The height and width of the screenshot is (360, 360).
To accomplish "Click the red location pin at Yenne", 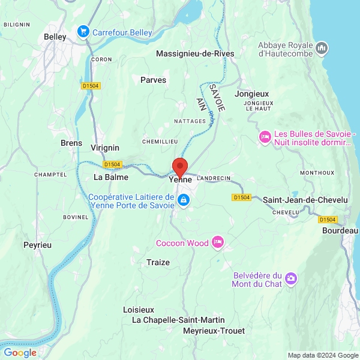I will (x=180, y=167).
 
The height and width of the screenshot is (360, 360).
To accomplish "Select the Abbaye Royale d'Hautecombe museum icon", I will (x=322, y=47).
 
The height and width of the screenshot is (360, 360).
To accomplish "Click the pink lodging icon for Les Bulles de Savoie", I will (x=264, y=137).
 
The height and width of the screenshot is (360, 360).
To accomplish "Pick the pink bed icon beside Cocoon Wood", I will (x=218, y=242).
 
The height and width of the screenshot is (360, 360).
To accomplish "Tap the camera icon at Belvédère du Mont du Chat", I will (x=291, y=278).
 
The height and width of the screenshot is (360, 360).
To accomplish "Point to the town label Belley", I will (x=55, y=37).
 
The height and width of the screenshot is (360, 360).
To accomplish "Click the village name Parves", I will (x=153, y=79).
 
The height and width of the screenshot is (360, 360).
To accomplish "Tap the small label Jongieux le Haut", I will (x=259, y=106).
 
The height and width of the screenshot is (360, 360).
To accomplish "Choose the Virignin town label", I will (x=105, y=148).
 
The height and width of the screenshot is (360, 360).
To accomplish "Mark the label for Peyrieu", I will (x=38, y=245).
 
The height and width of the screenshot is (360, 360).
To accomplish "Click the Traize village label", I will (x=158, y=262).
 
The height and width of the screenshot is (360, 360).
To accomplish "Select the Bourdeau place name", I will (x=340, y=230).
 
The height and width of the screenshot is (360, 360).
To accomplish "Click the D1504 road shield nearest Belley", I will (x=90, y=86).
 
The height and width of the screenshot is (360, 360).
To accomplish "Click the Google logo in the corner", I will (x=20, y=353).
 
